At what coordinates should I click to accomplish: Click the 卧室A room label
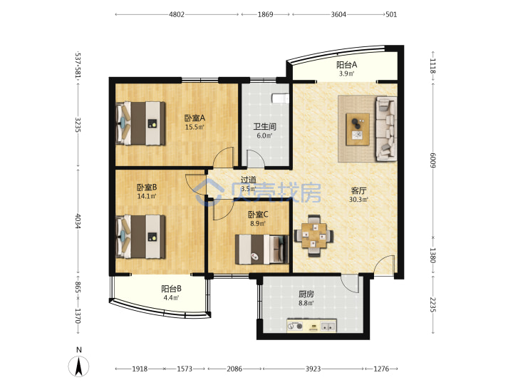[195, 118]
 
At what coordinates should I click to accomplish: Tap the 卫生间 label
[264, 126]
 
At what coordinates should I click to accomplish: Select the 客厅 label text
[358, 190]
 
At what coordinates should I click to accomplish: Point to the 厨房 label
[306, 294]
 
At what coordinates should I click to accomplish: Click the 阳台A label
[347, 65]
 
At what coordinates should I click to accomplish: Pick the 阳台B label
[172, 289]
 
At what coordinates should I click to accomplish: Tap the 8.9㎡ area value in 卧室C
[258, 224]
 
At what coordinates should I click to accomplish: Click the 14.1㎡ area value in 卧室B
[147, 196]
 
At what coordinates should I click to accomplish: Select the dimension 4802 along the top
[177, 14]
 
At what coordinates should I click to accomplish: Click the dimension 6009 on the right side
[433, 160]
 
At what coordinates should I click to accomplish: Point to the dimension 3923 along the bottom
[313, 369]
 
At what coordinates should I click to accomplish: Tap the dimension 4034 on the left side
[78, 221]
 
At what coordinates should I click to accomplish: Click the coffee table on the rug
[358, 129]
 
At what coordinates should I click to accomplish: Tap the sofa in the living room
[386, 128]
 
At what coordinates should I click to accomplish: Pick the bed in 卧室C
[261, 249]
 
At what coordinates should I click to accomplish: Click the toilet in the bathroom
[281, 98]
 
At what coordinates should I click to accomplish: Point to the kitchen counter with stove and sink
[311, 326]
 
